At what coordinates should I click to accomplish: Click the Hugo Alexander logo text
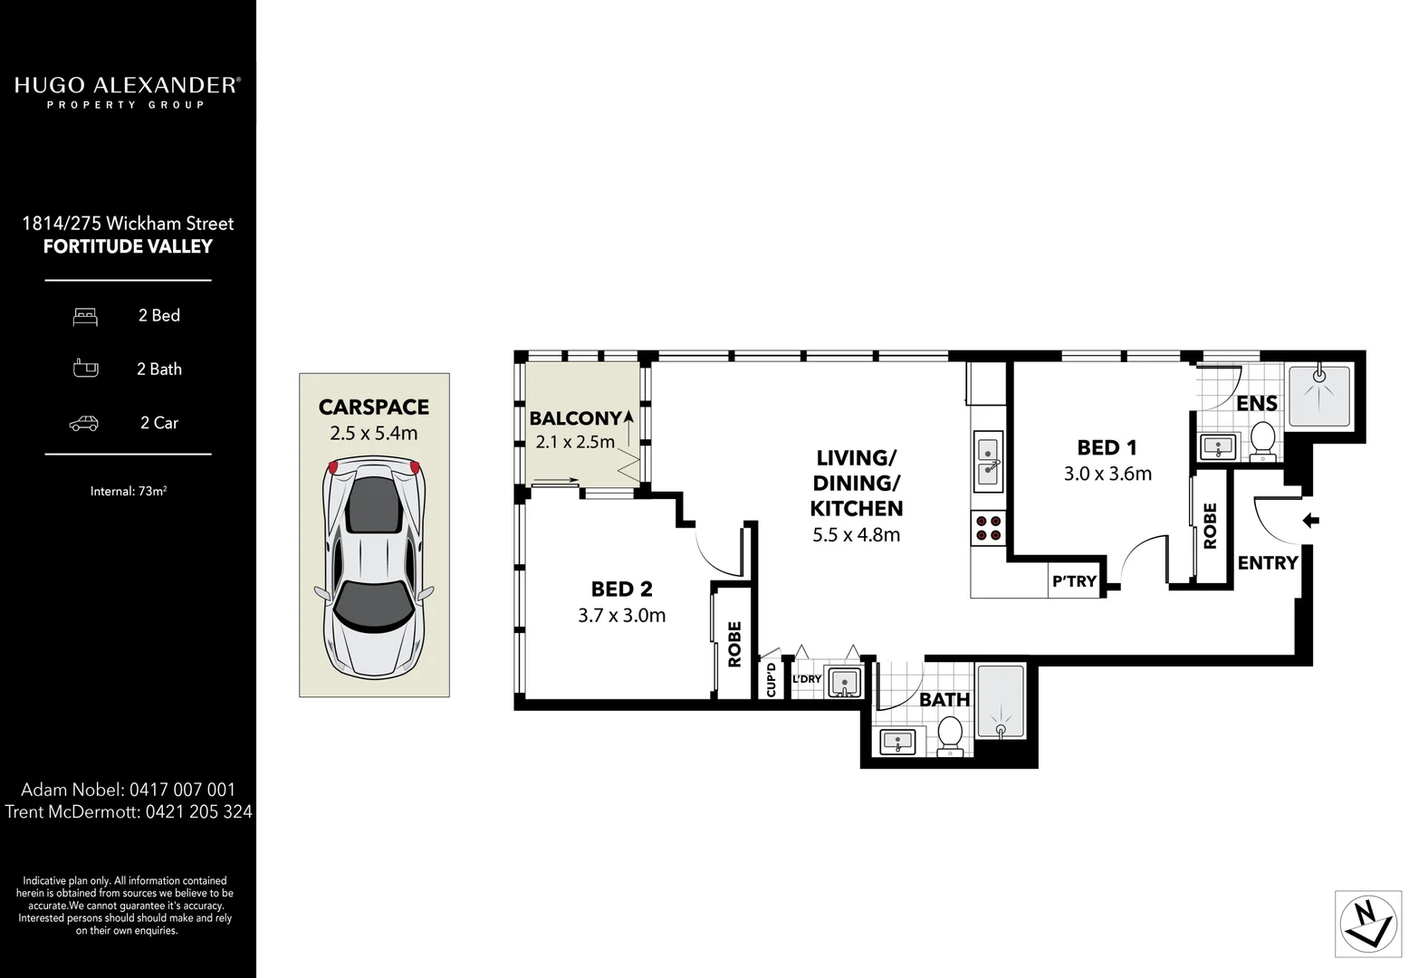tap(128, 86)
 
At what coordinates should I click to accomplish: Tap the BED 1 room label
tap(1107, 447)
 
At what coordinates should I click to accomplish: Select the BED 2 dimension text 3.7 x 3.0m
tap(621, 616)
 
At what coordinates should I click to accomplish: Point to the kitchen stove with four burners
tap(987, 528)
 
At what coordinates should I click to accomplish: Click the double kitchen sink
tap(987, 460)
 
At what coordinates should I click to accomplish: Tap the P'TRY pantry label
tap(1074, 581)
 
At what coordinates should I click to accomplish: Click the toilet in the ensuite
tap(1262, 441)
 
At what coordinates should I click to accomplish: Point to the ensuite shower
tap(1319, 395)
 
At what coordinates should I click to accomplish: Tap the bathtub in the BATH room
tap(1001, 704)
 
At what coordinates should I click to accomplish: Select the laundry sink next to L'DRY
tap(843, 681)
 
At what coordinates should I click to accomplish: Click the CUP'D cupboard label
tap(772, 679)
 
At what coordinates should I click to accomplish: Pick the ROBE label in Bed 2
tap(734, 643)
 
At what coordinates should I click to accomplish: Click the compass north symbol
tap(1368, 924)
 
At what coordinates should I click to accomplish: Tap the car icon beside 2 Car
tap(84, 423)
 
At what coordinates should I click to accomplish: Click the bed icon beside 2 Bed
tap(85, 316)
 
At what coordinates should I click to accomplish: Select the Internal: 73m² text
tap(128, 492)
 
